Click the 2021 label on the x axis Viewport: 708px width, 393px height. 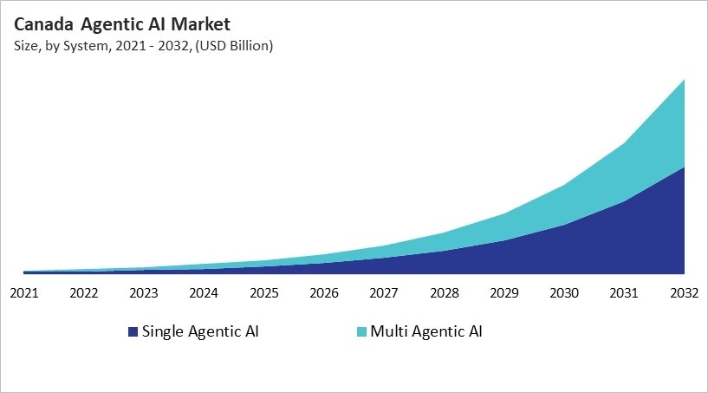pyautogui.click(x=24, y=292)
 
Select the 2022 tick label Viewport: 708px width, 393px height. pyautogui.click(x=84, y=292)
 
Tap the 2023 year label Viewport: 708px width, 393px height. pyautogui.click(x=144, y=292)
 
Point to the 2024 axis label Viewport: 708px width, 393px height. pyautogui.click(x=205, y=292)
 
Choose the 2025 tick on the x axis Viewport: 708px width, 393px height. pyautogui.click(x=264, y=292)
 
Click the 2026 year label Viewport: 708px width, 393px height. pyautogui.click(x=324, y=292)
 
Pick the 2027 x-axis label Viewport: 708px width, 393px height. pyautogui.click(x=385, y=292)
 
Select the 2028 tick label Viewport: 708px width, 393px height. pyautogui.click(x=445, y=292)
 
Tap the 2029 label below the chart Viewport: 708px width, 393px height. pyautogui.click(x=504, y=292)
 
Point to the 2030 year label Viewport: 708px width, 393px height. pyautogui.click(x=565, y=292)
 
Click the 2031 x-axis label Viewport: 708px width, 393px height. pyautogui.click(x=625, y=292)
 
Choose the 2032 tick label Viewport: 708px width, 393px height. pyautogui.click(x=685, y=292)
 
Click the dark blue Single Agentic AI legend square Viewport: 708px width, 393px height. pyautogui.click(x=133, y=332)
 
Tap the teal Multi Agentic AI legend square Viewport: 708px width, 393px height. pyautogui.click(x=361, y=332)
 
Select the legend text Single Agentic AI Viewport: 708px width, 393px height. pyautogui.click(x=200, y=331)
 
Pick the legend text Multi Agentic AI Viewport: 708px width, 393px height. pyautogui.click(x=425, y=331)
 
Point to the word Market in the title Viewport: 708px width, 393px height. pyautogui.click(x=198, y=23)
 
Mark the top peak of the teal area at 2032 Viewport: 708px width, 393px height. pyautogui.click(x=685, y=80)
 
